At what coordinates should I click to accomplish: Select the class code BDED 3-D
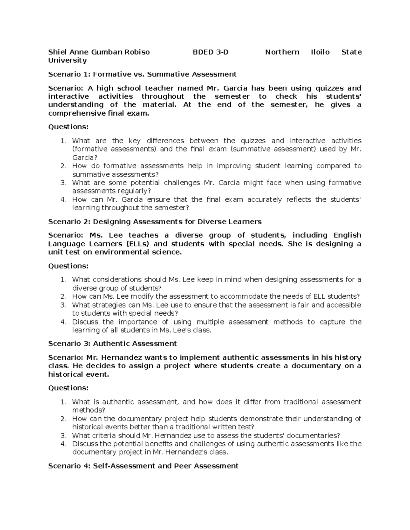click(210, 52)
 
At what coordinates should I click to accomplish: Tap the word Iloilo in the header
click(320, 52)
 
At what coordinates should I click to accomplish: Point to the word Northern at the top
click(282, 52)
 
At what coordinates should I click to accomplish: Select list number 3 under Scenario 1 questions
click(63, 183)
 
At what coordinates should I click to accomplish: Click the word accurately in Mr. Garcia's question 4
click(265, 200)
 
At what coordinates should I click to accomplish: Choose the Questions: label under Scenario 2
click(68, 266)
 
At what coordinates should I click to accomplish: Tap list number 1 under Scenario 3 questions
click(63, 402)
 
